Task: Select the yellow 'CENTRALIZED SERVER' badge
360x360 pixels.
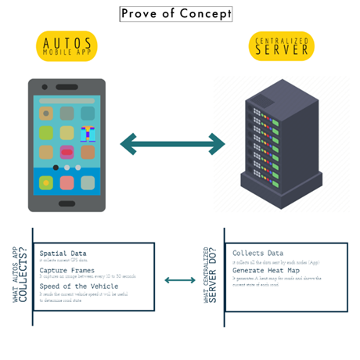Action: pyautogui.click(x=281, y=47)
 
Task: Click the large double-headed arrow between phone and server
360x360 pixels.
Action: pyautogui.click(x=173, y=144)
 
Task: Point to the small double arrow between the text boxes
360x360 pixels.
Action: pyautogui.click(x=181, y=279)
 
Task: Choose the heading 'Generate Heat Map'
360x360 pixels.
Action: pyautogui.click(x=269, y=271)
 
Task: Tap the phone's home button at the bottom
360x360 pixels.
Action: pyautogui.click(x=67, y=203)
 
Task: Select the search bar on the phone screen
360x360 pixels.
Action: pyautogui.click(x=67, y=101)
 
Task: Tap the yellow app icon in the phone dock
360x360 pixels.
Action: pyautogui.click(x=46, y=182)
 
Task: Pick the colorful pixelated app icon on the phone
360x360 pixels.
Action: pyautogui.click(x=88, y=133)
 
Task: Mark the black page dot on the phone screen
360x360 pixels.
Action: pyautogui.click(x=55, y=167)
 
